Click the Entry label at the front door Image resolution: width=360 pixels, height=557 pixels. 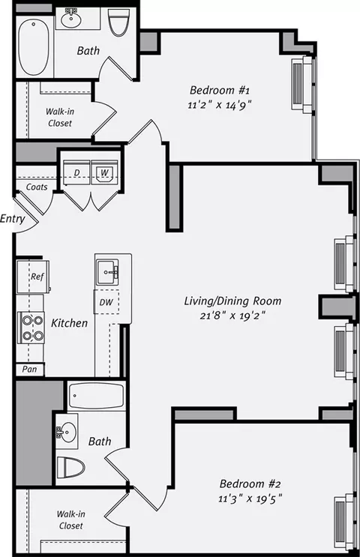tap(13, 218)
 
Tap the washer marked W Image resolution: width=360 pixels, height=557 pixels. tap(104, 172)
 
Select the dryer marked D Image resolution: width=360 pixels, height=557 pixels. tap(76, 172)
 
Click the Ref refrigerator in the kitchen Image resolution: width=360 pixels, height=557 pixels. tap(33, 277)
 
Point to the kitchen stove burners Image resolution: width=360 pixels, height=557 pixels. tap(31, 328)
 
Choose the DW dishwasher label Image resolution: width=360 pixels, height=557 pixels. tap(106, 302)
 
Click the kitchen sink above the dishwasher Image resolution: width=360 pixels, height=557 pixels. tap(108, 272)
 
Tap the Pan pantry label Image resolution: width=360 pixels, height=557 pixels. tap(29, 370)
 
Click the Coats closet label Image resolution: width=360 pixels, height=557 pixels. tap(37, 187)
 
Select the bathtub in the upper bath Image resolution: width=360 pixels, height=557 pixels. tap(34, 47)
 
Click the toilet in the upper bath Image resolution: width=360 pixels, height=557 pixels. tap(118, 22)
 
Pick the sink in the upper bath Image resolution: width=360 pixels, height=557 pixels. tap(73, 19)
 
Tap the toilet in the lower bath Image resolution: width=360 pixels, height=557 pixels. tap(70, 467)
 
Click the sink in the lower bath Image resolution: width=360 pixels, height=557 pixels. tap(66, 432)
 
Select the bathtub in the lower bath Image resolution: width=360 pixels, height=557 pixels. tap(96, 396)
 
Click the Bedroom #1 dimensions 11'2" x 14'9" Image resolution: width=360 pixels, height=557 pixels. tap(220, 105)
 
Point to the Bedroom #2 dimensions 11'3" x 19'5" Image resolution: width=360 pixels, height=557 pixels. tap(250, 499)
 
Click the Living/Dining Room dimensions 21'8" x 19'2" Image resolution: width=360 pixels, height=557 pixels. tap(232, 316)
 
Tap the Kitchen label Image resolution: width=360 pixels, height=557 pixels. tap(69, 323)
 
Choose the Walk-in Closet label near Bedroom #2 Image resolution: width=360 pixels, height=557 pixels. tap(70, 520)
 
